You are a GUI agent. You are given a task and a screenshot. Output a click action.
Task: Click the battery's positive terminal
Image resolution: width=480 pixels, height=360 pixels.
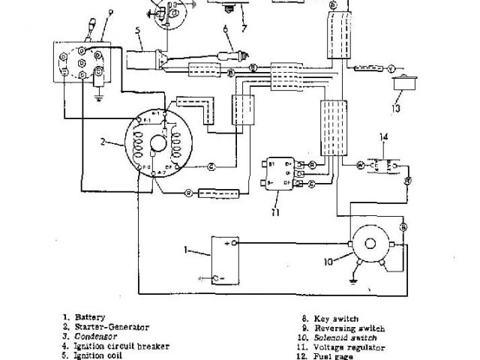click(235, 244)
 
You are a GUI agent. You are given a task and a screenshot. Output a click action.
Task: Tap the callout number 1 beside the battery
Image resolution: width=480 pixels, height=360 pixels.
click(187, 248)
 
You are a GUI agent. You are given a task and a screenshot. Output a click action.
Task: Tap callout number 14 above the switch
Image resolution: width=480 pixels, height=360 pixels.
click(384, 136)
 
